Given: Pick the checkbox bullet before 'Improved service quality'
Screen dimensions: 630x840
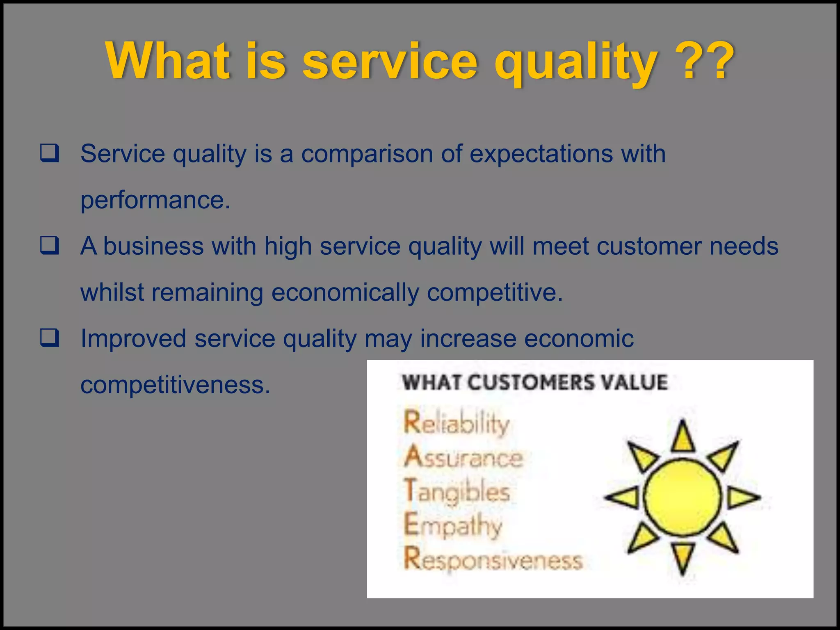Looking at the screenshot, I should pyautogui.click(x=50, y=338).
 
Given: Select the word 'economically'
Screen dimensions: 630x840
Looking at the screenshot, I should pyautogui.click(x=345, y=293).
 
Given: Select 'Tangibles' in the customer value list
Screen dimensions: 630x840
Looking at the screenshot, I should pyautogui.click(x=457, y=491).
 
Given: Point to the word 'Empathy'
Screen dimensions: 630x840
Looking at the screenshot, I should pyautogui.click(x=453, y=526).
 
